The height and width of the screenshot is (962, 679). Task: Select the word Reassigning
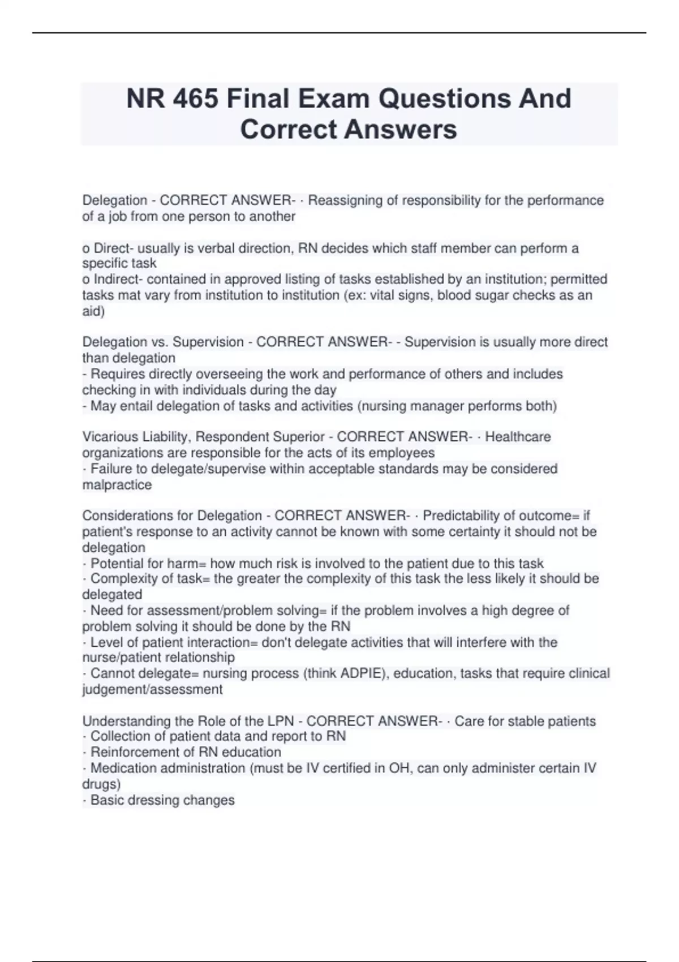click(x=345, y=200)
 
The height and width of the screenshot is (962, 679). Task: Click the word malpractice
click(x=117, y=485)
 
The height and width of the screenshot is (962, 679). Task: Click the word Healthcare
click(x=518, y=437)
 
